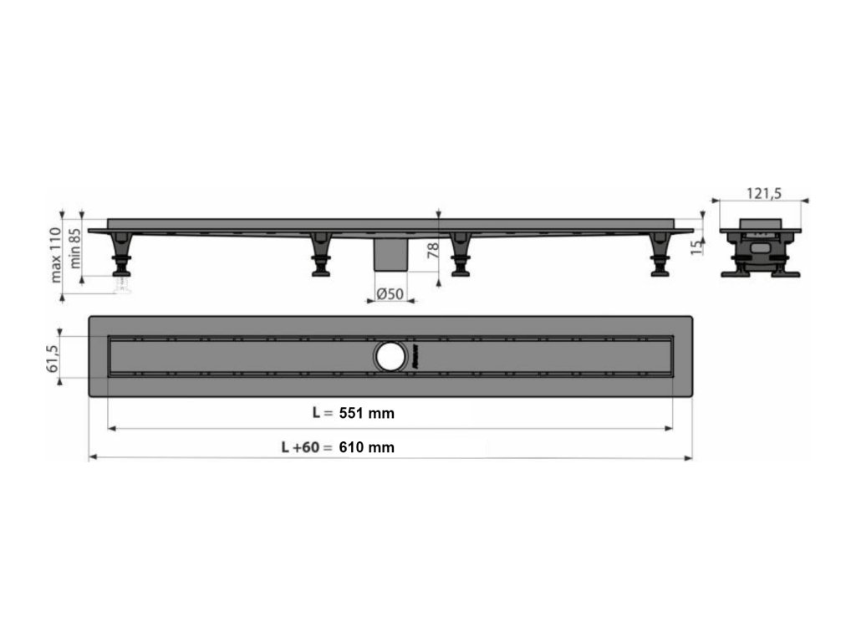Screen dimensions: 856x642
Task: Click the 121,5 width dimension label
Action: pyautogui.click(x=764, y=193)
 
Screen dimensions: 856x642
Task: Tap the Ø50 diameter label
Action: pyautogui.click(x=390, y=293)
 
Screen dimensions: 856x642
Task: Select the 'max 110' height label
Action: pyautogui.click(x=56, y=255)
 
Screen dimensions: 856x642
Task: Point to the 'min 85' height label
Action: pyautogui.click(x=74, y=248)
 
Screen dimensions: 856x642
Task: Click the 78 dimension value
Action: pyautogui.click(x=432, y=251)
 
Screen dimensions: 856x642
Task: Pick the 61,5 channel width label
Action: pyautogui.click(x=53, y=358)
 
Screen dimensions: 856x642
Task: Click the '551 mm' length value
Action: pyautogui.click(x=367, y=413)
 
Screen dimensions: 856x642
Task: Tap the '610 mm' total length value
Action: pyautogui.click(x=367, y=447)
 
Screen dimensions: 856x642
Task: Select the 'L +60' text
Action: pyautogui.click(x=300, y=447)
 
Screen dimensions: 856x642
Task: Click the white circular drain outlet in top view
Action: pyautogui.click(x=391, y=357)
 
